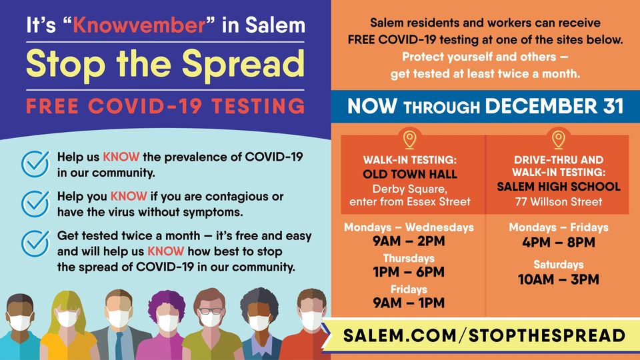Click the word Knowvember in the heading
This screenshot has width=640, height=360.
point(139,25)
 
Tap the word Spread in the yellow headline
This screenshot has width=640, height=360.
point(243,65)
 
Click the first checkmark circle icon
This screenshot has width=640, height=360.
point(35,164)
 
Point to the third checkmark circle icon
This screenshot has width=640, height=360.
point(35,243)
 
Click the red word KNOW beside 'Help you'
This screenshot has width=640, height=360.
point(129,196)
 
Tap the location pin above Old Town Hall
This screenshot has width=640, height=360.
point(409,139)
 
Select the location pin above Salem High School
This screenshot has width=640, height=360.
point(559,139)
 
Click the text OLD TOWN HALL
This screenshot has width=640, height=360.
point(410,174)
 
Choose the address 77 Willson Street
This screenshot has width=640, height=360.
point(559,201)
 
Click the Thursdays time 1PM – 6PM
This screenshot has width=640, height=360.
point(409,272)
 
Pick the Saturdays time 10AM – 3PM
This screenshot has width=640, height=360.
point(559,279)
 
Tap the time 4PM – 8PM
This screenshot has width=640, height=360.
point(559,243)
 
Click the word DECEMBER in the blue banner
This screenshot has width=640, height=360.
point(539,107)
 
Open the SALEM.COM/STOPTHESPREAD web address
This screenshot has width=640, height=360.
point(484,335)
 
